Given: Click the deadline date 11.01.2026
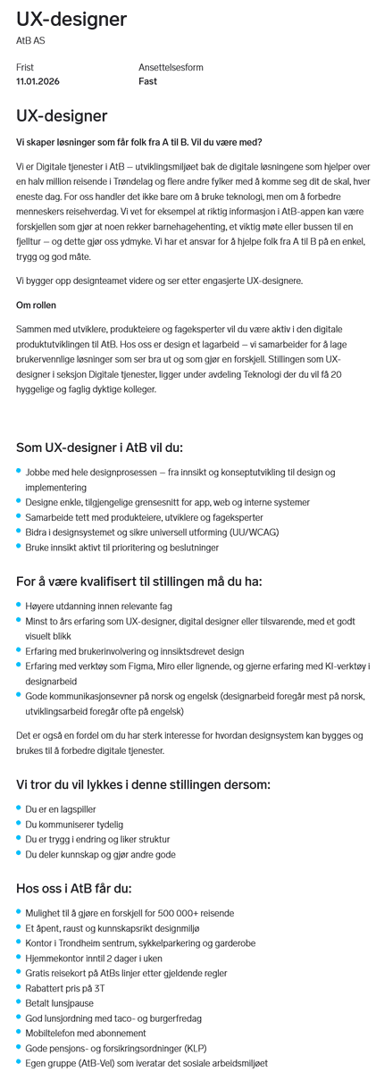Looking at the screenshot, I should click(37, 81).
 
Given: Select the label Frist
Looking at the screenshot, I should click(24, 67).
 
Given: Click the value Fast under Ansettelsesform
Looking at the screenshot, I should click(147, 81).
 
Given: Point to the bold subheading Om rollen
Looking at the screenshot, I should click(37, 305).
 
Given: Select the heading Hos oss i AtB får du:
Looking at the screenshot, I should click(74, 888).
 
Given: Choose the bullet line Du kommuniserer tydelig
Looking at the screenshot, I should click(74, 825).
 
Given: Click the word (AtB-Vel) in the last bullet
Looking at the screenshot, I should click(97, 1063).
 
